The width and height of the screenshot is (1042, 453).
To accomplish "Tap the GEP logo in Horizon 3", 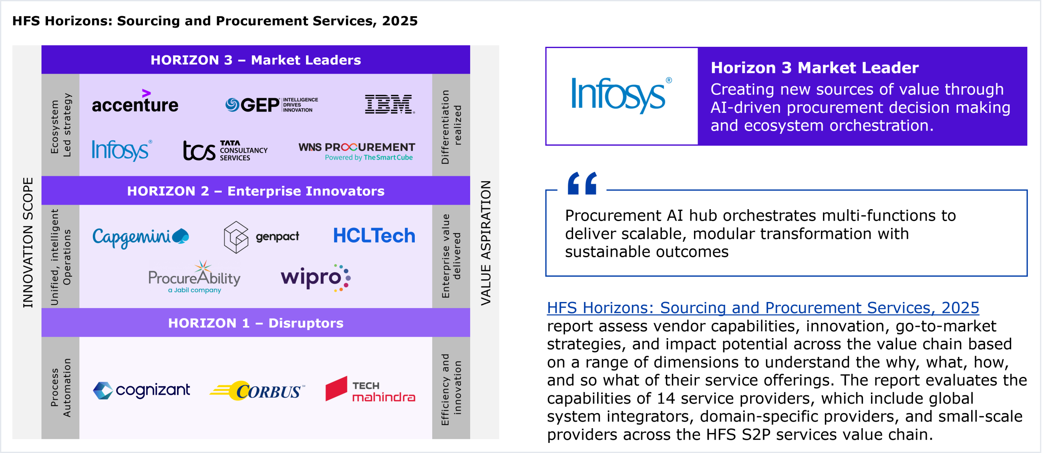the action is pyautogui.click(x=271, y=105).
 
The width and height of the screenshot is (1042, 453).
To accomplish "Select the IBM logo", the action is pyautogui.click(x=390, y=104).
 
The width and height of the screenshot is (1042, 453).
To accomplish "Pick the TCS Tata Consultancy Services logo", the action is pyautogui.click(x=225, y=151).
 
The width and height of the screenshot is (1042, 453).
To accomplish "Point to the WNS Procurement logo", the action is pyautogui.click(x=357, y=151).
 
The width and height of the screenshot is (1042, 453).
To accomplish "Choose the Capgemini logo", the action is pyautogui.click(x=141, y=237).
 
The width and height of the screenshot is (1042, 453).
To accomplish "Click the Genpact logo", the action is pyautogui.click(x=261, y=237).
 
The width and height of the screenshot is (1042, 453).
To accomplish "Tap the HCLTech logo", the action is pyautogui.click(x=374, y=236).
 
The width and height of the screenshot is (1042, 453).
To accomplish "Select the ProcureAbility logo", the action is pyautogui.click(x=195, y=277).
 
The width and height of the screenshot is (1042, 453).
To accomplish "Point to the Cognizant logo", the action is pyautogui.click(x=141, y=390).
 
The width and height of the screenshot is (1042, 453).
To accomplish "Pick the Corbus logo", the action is pyautogui.click(x=257, y=391).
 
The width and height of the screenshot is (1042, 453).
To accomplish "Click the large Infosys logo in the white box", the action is pyautogui.click(x=622, y=95).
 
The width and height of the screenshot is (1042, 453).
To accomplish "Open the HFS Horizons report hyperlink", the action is pyautogui.click(x=763, y=308).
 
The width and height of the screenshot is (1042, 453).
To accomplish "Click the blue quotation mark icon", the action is pyautogui.click(x=582, y=183).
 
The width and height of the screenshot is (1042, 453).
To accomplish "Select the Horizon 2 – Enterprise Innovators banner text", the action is pyautogui.click(x=256, y=191).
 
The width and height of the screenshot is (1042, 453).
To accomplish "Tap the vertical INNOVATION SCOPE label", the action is pyautogui.click(x=28, y=243).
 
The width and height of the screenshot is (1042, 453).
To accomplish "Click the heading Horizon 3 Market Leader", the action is pyautogui.click(x=814, y=68).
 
